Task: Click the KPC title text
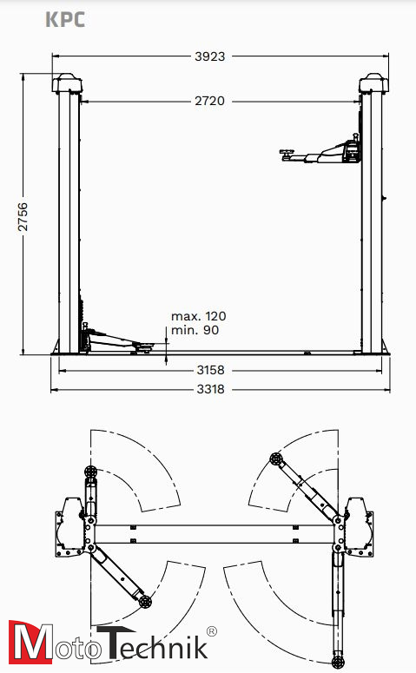coord(65,20)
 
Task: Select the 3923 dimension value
coord(209,56)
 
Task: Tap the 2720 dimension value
coord(209,101)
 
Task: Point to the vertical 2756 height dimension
coord(23,217)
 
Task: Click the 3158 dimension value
coord(210,370)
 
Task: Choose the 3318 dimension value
coord(210,389)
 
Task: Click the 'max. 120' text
coord(198,316)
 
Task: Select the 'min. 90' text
coord(195,330)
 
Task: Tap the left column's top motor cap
coord(67,82)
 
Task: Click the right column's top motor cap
coord(373,82)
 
